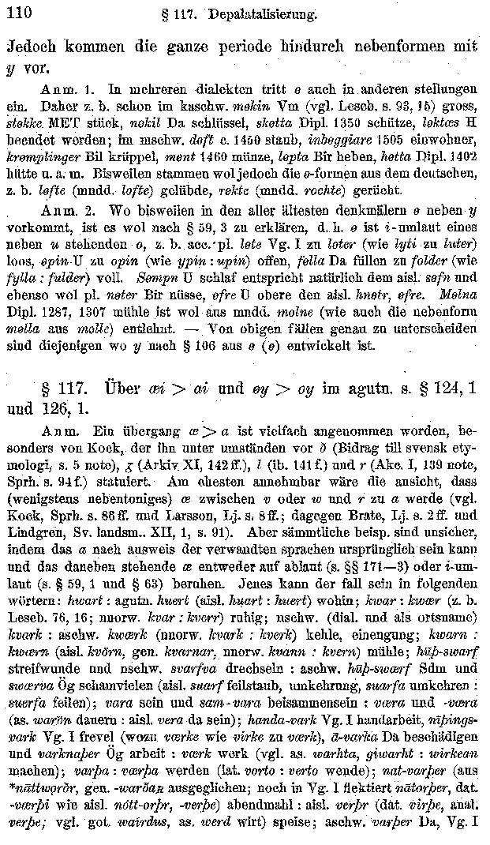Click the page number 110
(x=17, y=11)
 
